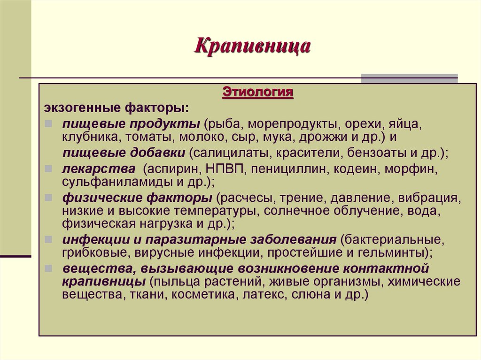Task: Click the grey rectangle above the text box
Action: coord(409,78)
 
